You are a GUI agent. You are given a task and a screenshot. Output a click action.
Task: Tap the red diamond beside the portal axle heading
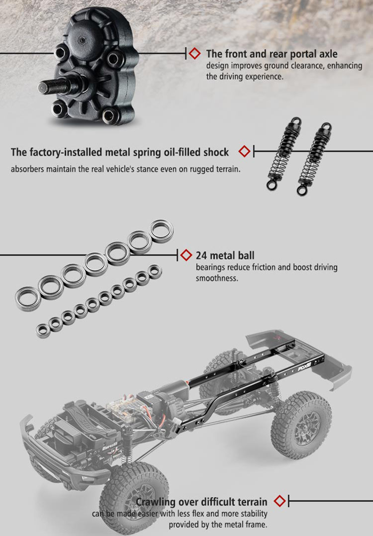[x=195, y=53]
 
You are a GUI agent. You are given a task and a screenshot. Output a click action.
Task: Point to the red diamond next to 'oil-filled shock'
[x=244, y=152]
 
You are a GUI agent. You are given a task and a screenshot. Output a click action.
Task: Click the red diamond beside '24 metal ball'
[x=185, y=254]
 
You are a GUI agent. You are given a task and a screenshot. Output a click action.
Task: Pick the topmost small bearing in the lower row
[x=155, y=271]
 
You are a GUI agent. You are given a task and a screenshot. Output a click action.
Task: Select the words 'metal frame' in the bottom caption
[x=240, y=525]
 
